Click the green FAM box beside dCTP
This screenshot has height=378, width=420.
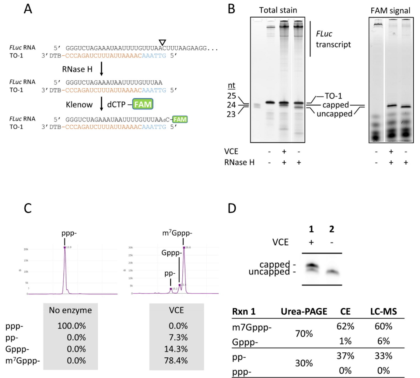[143, 104]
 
